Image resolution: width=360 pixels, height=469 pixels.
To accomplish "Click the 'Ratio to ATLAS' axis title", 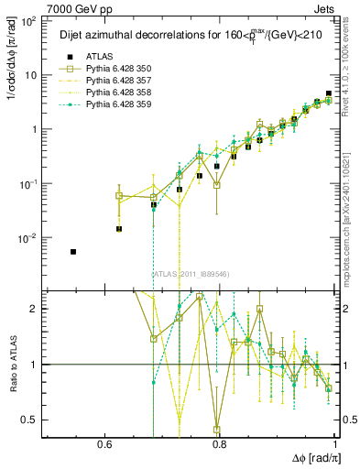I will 12,364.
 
